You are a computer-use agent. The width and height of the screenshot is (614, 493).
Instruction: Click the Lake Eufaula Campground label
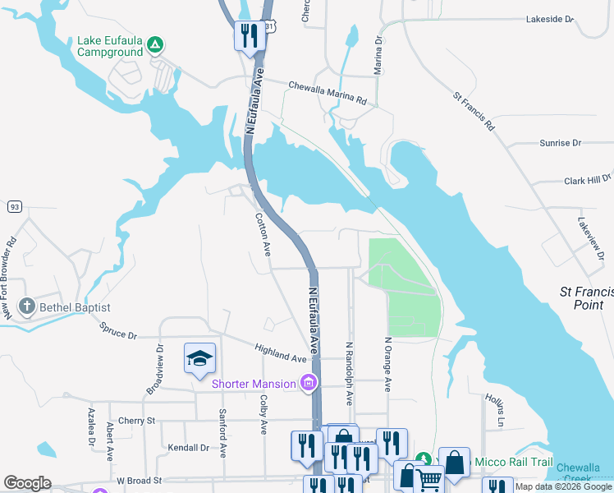[111, 45]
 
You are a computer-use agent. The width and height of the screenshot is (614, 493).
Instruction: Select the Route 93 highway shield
[15, 207]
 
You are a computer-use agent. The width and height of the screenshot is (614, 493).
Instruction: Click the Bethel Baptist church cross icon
[26, 307]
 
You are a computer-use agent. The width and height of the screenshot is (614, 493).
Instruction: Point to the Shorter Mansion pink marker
[309, 382]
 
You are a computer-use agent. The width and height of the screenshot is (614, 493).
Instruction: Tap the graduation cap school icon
[199, 359]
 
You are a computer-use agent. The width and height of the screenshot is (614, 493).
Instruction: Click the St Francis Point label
[586, 297]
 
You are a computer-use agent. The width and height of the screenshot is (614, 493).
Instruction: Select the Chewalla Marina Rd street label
[327, 92]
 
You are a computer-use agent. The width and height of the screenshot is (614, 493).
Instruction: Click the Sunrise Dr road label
[561, 143]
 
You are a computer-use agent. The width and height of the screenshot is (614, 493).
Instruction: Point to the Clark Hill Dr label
[588, 178]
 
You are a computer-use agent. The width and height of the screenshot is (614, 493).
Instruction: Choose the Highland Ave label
[281, 353]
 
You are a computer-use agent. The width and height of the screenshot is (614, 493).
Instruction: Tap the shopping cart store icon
[429, 479]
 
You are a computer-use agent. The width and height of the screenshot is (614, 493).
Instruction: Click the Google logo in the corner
[27, 483]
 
